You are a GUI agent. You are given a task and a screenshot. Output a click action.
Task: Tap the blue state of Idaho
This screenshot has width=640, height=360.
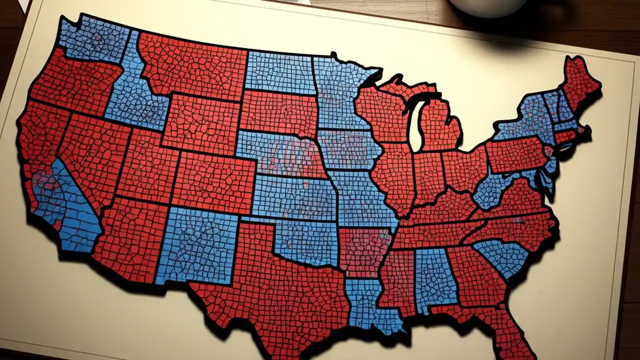pos(132,95)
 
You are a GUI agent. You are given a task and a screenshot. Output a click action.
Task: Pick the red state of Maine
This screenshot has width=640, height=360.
pos(580,80)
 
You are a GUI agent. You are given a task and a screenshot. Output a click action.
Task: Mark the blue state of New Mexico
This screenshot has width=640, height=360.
pos(197,245)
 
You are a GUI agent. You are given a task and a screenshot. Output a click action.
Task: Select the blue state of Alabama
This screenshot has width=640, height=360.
pos(435,277)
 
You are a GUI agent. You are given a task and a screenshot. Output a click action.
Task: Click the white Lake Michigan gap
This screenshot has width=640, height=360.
pos(415,130)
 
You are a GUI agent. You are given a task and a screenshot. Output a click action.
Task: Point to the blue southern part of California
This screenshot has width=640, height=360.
pos(75,210)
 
